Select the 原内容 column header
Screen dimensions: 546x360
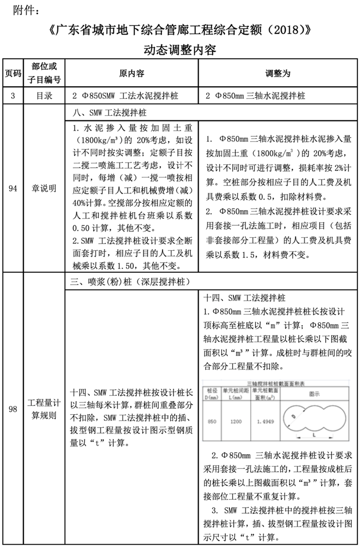tap(131, 73)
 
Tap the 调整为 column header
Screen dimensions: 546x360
tap(279, 73)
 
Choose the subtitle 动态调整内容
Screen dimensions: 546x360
tap(180, 49)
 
